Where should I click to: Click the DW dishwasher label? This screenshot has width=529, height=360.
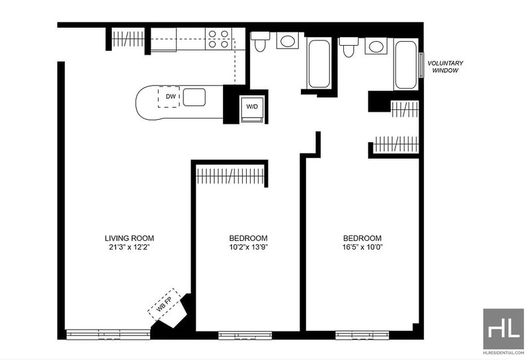coord(171,97)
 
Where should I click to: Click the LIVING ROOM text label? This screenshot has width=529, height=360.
coord(129,238)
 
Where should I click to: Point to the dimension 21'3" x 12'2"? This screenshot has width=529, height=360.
coord(129,247)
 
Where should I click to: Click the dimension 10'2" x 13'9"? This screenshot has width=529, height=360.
coord(249,247)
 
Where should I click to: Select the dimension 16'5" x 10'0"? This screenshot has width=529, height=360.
coord(362,247)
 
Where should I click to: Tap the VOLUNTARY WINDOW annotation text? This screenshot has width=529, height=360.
coord(445,67)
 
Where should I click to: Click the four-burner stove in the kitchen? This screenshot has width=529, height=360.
coord(218,39)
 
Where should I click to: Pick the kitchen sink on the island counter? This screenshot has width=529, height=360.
coord(194,97)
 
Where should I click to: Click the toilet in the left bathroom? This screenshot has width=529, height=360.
coord(260,42)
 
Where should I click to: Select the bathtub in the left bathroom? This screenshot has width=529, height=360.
coord(319,64)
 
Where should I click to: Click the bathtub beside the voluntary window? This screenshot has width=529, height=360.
coord(406,65)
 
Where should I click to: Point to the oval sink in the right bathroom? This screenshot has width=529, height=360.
coord(376,46)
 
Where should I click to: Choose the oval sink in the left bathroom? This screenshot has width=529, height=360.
coord(288,41)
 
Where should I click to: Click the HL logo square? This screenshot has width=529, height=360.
coord(503,329)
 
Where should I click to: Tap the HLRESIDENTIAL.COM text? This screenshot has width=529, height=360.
coord(503,353)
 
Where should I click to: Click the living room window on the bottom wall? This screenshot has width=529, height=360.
coord(108,334)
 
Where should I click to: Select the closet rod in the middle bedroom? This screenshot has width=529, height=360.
coord(230,176)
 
